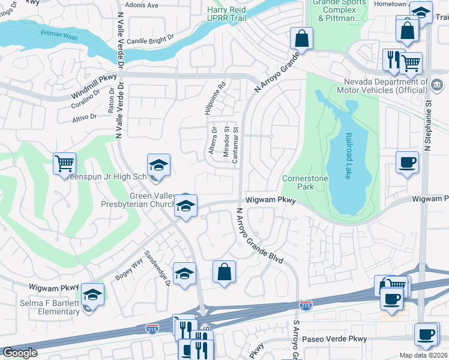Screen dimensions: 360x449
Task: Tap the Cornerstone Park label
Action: point(298,182)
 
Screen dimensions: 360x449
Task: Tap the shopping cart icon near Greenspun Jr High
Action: point(64,163)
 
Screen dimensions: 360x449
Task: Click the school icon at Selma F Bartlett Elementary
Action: point(92,295)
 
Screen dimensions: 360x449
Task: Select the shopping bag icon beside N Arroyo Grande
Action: point(301,38)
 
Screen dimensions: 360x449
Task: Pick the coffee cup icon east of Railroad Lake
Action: point(408,162)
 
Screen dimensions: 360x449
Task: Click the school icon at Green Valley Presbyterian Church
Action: point(186,207)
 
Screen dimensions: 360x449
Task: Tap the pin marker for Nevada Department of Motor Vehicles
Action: point(425,82)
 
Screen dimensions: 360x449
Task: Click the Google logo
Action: point(20,353)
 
